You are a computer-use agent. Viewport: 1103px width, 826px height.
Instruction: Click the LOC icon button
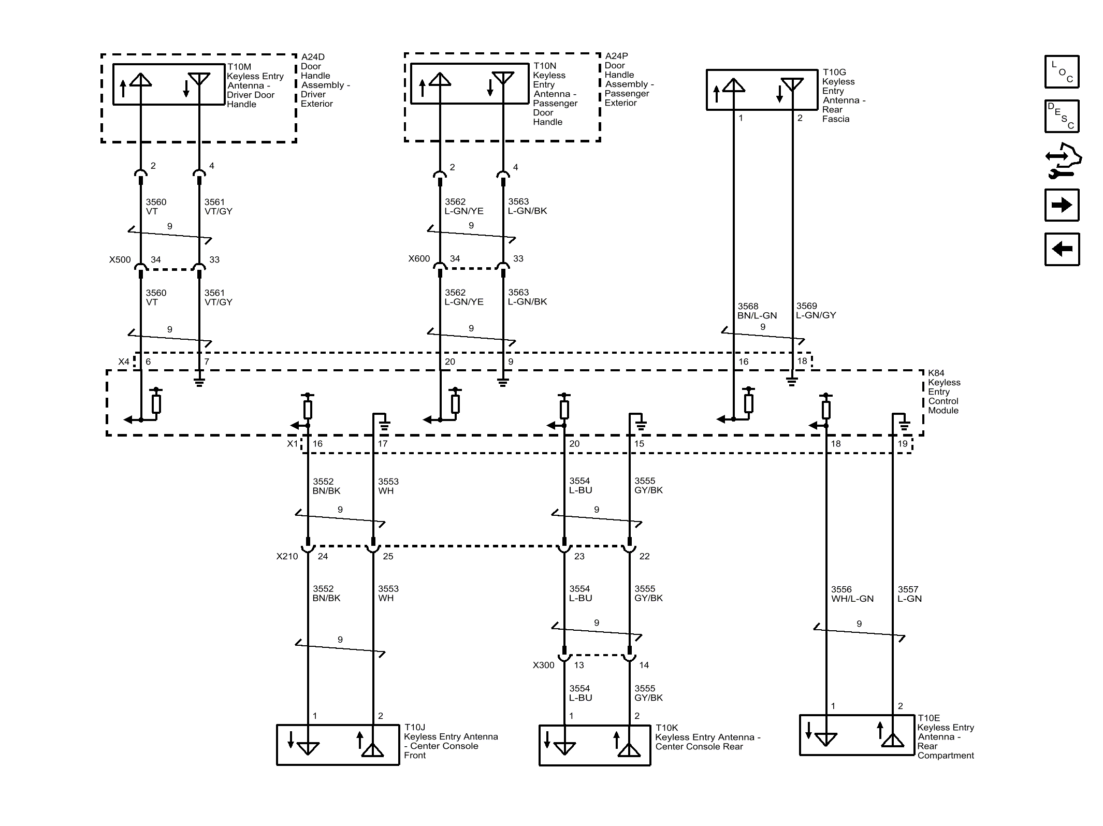1062,72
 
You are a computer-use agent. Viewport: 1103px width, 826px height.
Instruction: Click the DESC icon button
1062,116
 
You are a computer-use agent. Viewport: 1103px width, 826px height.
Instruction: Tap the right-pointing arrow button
1062,205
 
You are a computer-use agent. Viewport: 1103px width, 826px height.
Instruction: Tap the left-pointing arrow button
1062,249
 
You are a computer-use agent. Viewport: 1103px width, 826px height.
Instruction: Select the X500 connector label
120,260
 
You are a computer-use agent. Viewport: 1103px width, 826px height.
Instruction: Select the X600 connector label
419,258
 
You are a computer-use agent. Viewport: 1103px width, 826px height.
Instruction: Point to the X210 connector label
287,556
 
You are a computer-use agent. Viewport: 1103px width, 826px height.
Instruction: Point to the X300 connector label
543,665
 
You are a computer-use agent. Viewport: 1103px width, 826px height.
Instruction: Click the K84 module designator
936,373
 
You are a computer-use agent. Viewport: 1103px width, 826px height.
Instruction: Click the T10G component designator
834,73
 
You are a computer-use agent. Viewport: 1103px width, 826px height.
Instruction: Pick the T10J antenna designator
415,728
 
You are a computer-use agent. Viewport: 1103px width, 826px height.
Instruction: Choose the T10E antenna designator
928,718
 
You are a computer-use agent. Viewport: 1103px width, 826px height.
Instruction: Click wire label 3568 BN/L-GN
757,311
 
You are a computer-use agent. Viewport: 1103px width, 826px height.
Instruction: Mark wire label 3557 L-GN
909,594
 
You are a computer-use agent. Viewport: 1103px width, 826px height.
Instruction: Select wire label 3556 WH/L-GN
852,594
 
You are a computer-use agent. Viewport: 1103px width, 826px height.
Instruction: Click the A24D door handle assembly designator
313,57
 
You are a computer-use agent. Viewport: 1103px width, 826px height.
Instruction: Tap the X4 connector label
124,361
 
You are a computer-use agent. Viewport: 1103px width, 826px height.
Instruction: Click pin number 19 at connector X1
903,444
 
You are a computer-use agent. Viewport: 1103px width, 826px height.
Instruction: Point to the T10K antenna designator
667,728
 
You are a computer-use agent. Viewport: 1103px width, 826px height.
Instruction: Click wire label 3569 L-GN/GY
816,311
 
